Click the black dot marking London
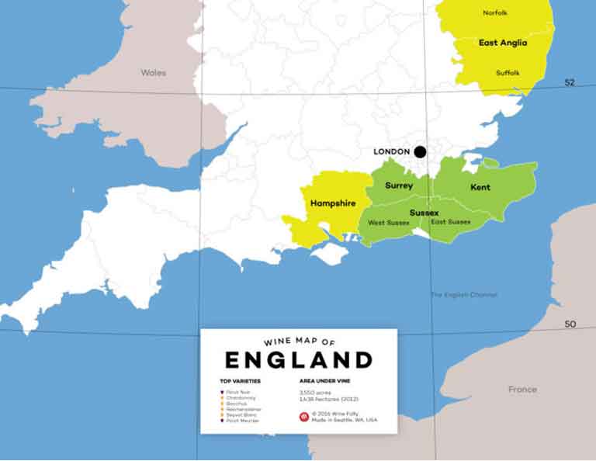420,151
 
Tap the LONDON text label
391,151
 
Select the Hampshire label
332,203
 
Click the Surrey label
399,186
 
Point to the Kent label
480,188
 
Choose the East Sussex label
451,222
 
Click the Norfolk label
495,13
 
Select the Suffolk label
508,73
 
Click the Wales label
154,73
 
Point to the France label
522,390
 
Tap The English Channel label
464,295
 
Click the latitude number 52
570,82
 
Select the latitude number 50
570,324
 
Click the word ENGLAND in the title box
299,360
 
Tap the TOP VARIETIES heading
240,382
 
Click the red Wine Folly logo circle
304,417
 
